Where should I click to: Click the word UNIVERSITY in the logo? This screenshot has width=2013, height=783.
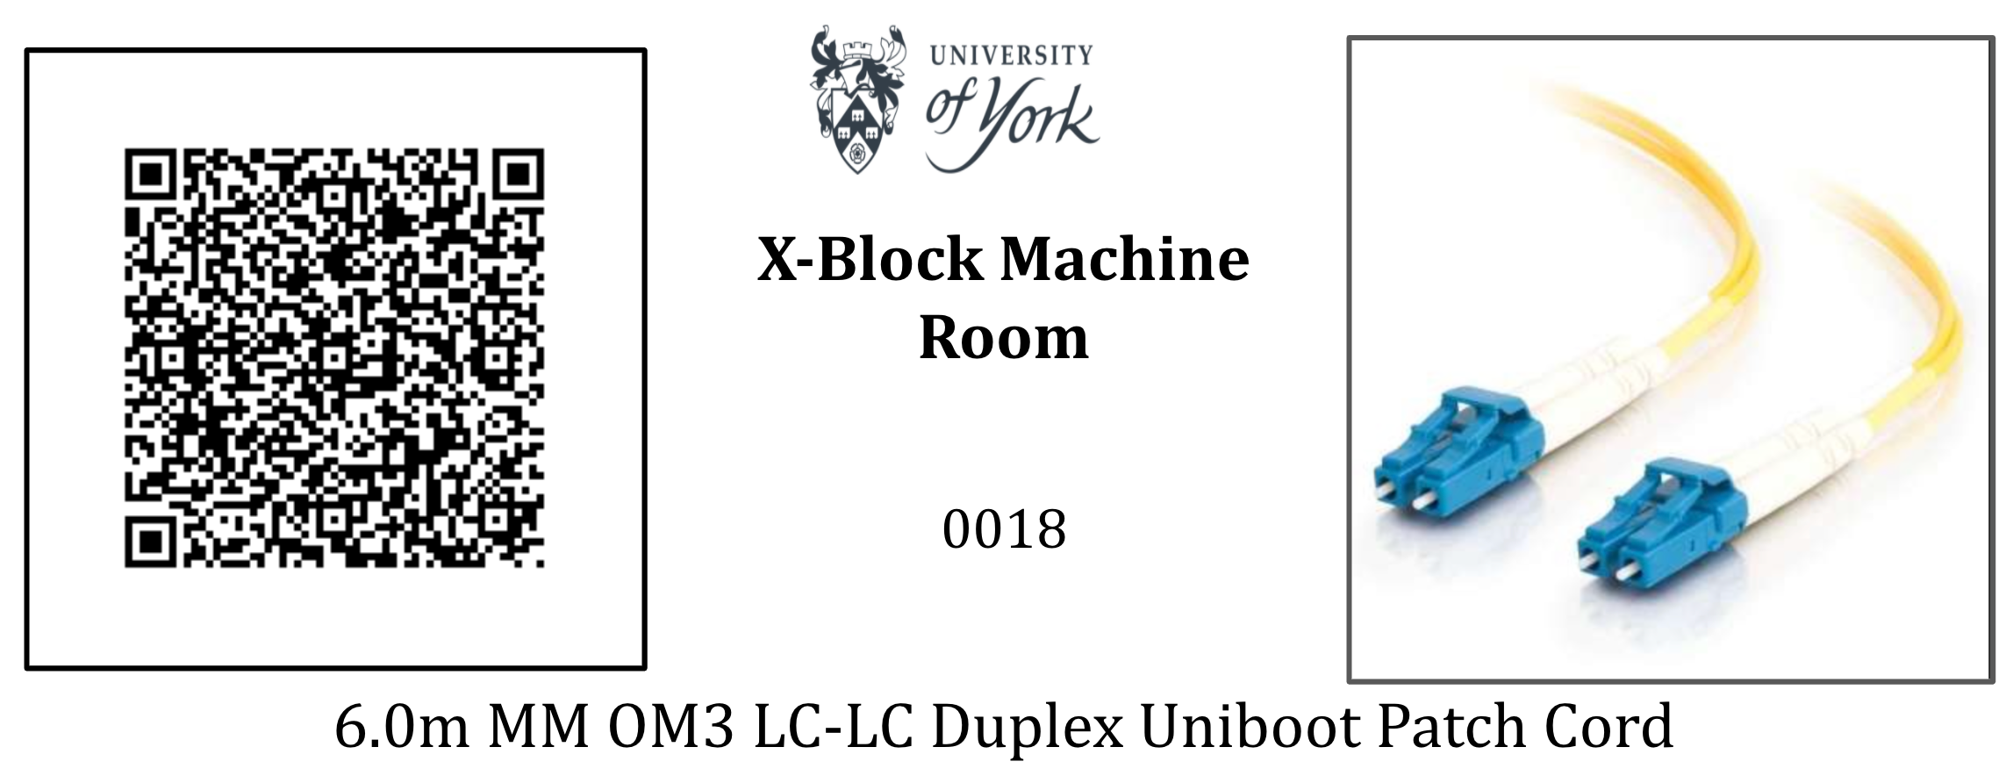pyautogui.click(x=1011, y=55)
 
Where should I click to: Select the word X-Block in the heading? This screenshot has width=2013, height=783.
pyautogui.click(x=870, y=260)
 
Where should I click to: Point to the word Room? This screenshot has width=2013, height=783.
pyautogui.click(x=1003, y=338)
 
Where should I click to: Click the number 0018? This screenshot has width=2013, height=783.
pyautogui.click(x=1004, y=529)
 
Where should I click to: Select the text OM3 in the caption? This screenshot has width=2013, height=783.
pyautogui.click(x=670, y=727)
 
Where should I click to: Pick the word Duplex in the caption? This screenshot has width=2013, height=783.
pyautogui.click(x=1027, y=729)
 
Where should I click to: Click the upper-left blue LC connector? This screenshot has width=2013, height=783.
pyautogui.click(x=1457, y=456)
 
